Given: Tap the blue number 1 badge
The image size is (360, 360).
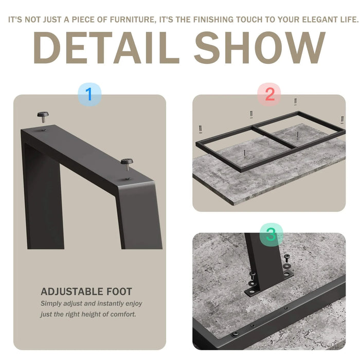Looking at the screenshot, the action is [89, 94].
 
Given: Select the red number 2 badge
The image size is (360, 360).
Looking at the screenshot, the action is [269, 94].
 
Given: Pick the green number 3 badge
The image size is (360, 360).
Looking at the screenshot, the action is [272, 235].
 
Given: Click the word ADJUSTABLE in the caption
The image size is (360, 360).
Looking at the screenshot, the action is [71, 292].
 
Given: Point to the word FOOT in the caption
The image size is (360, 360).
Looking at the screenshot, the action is [119, 292].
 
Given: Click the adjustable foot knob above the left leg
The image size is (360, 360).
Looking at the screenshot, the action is [43, 116].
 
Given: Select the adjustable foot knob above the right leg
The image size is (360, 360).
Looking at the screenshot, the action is [127, 164].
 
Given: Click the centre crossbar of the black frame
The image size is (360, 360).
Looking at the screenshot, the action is [274, 137].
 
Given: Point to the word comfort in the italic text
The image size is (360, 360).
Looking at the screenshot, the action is [123, 314].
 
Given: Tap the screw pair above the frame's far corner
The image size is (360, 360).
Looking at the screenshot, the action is [296, 102].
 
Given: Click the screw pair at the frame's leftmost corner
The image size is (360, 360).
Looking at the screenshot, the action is [201, 129].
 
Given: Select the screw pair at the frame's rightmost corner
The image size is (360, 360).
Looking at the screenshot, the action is [342, 120].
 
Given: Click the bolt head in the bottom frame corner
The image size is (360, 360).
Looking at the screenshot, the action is [235, 334].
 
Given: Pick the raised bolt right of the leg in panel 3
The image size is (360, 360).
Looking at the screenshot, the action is [287, 258].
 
